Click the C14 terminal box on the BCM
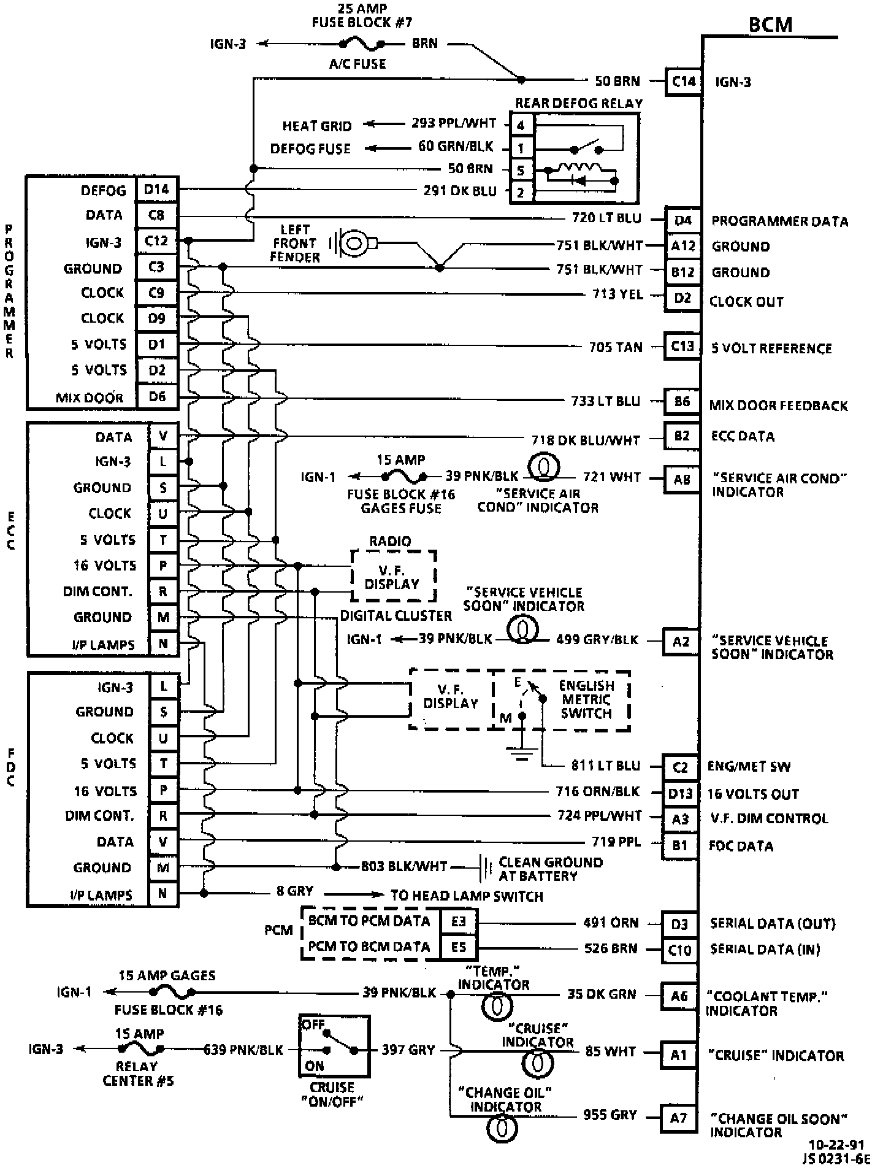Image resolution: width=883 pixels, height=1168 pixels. click(683, 82)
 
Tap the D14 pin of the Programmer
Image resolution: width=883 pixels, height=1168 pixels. click(156, 190)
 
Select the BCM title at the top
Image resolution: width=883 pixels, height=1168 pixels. click(770, 25)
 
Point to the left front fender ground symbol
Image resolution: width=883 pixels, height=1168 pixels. click(351, 244)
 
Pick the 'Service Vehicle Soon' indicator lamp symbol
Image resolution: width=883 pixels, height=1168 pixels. click(522, 629)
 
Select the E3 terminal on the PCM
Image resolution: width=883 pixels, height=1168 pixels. click(458, 921)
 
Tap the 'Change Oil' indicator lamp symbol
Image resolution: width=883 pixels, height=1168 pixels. click(502, 1128)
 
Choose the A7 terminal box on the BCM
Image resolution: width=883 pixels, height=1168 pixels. click(678, 1117)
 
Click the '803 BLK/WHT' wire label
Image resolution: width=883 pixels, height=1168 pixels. click(403, 866)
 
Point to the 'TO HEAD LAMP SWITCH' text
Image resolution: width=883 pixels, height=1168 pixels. click(467, 896)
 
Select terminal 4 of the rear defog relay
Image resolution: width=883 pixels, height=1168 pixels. click(521, 126)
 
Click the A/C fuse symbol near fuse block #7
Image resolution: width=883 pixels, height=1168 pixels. click(361, 44)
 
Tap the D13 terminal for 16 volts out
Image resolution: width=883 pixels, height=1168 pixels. click(679, 793)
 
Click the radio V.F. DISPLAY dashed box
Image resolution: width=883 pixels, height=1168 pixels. click(393, 576)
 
